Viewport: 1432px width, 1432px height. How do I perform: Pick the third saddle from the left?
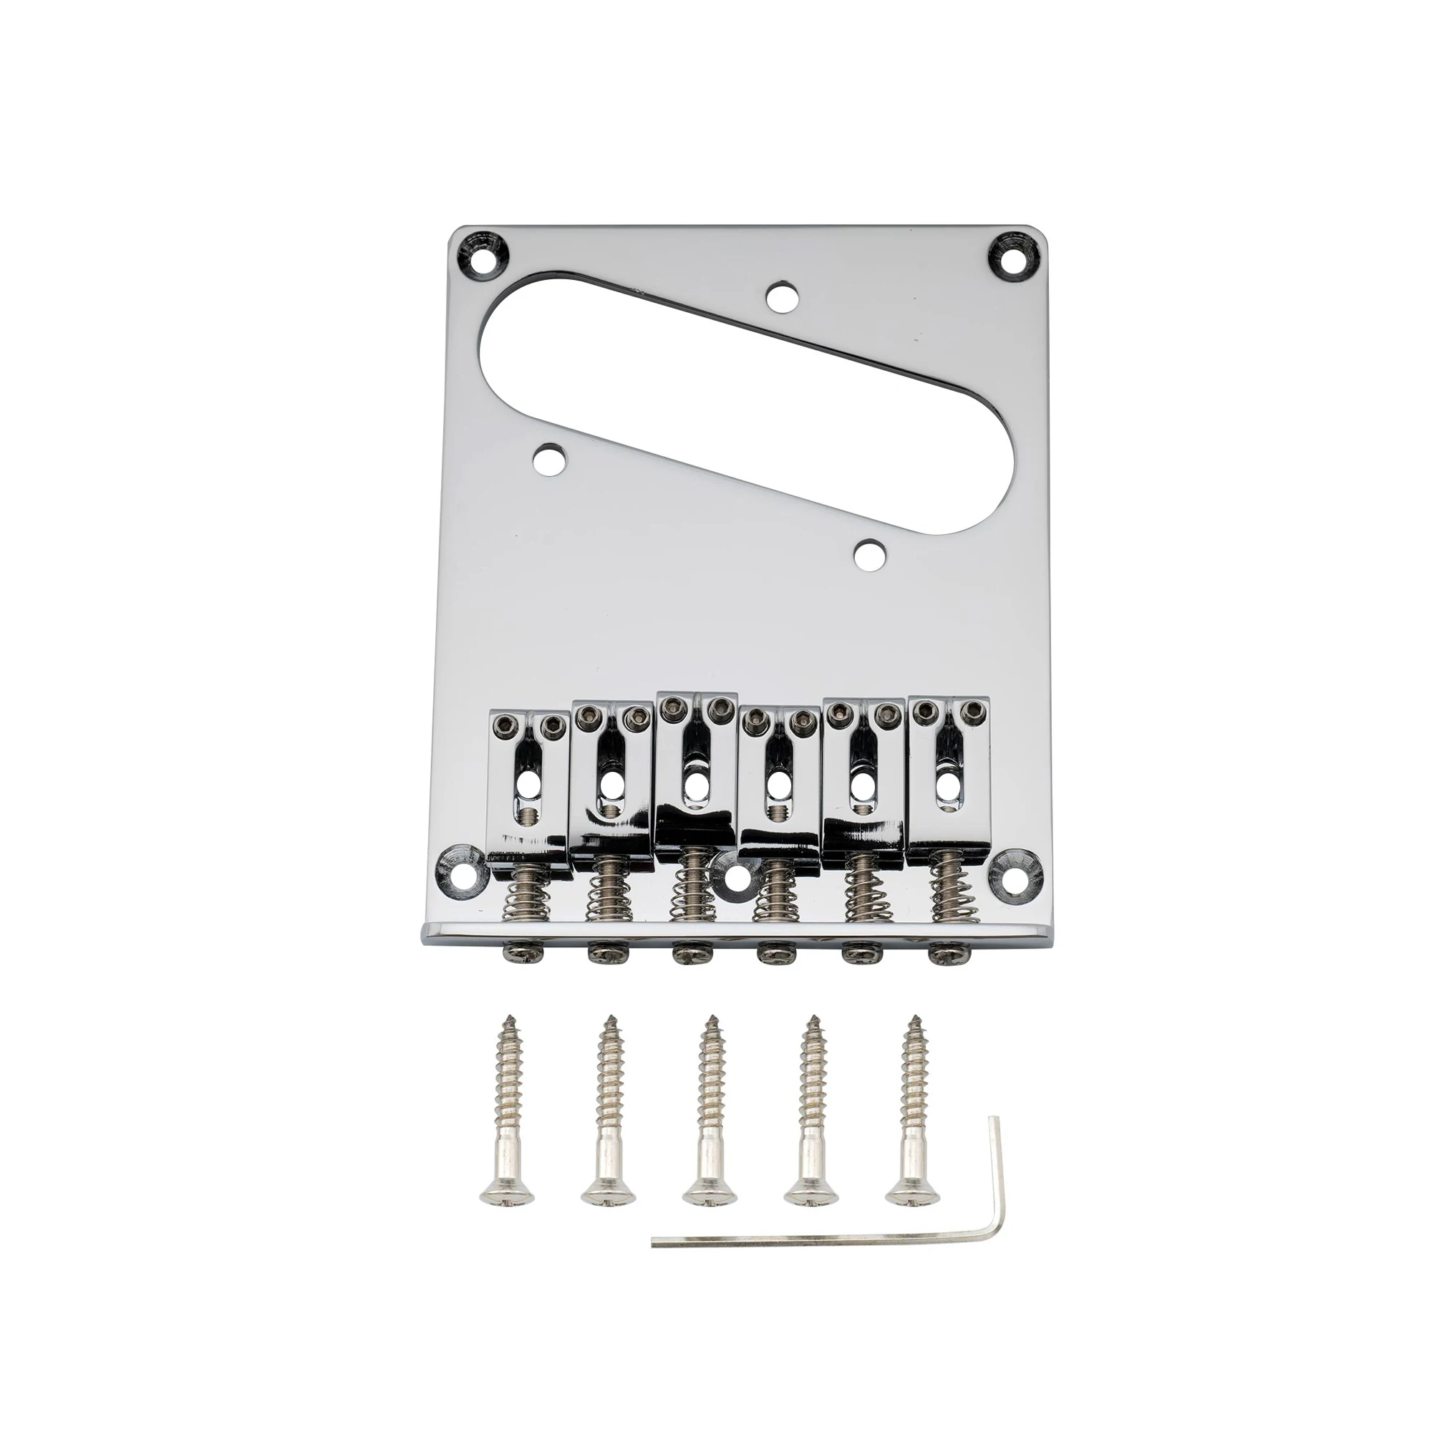pos(697,771)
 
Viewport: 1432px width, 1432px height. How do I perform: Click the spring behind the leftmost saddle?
pos(528,901)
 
